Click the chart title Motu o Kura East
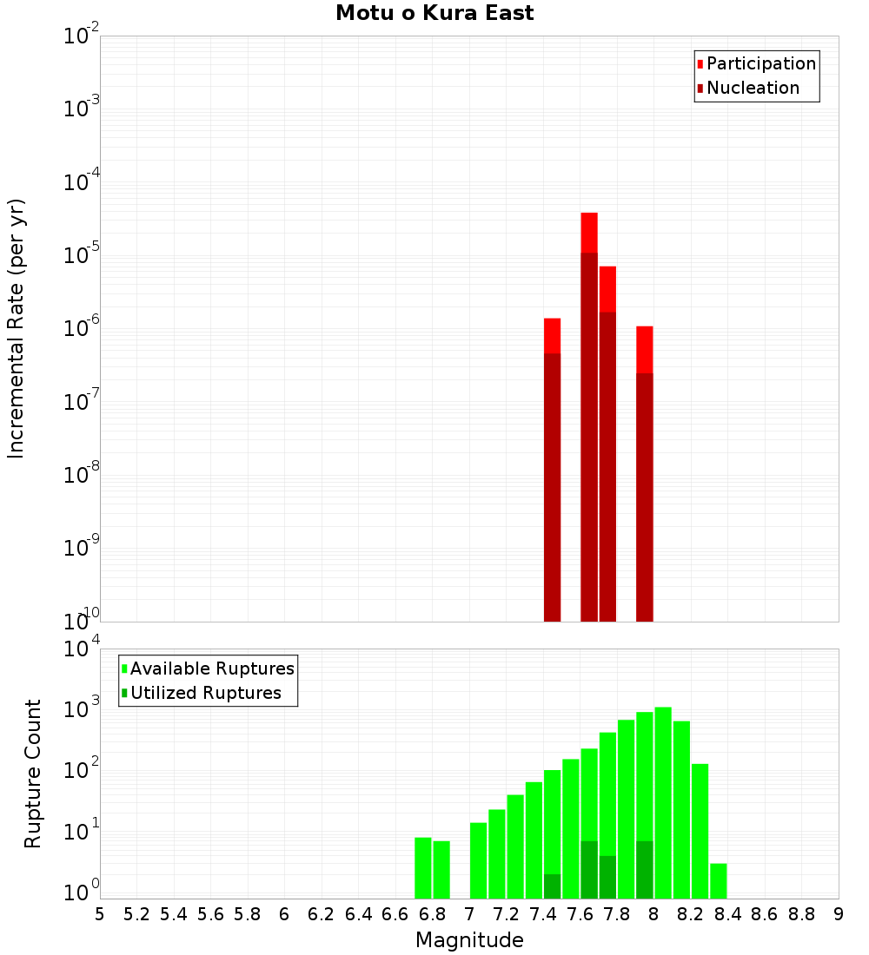pos(434,13)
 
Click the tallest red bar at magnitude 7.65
pos(589,417)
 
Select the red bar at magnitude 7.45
pos(552,469)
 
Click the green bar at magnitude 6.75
pos(423,868)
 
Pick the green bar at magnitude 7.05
pos(478,860)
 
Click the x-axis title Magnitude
pos(469,940)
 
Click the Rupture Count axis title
pos(33,774)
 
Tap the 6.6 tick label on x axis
pos(395,914)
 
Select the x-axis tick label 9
pos(839,914)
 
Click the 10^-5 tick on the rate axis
pos(82,255)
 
